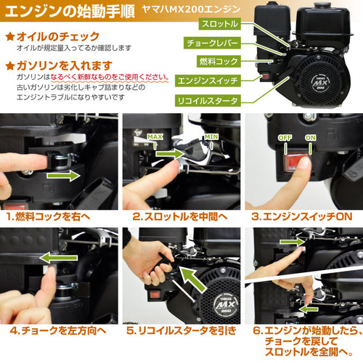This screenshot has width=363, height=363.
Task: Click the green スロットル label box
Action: click(x=220, y=24)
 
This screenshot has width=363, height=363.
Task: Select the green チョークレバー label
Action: click(x=212, y=43)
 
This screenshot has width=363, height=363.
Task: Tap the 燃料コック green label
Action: click(x=219, y=61)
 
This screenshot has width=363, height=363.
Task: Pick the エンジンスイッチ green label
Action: click(x=208, y=81)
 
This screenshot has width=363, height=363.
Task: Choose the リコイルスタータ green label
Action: click(x=208, y=100)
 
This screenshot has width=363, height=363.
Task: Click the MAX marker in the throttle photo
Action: click(x=155, y=137)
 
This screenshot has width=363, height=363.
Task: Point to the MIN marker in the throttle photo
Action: click(x=211, y=137)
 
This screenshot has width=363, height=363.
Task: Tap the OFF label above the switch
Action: click(x=285, y=138)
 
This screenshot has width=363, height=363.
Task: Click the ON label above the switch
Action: click(x=310, y=138)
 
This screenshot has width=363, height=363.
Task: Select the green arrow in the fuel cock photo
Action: click(x=63, y=176)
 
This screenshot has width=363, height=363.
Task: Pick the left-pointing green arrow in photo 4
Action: click(x=58, y=258)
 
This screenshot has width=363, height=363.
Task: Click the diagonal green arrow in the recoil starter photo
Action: click(x=193, y=278)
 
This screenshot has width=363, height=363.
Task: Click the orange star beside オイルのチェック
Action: click(x=10, y=36)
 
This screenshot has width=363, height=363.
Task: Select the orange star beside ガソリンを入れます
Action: click(x=10, y=65)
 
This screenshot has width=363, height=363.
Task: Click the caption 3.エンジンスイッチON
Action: click(x=301, y=216)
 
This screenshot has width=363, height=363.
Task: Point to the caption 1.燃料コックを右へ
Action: click(x=49, y=216)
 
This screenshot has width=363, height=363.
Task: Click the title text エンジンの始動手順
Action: click(x=70, y=12)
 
